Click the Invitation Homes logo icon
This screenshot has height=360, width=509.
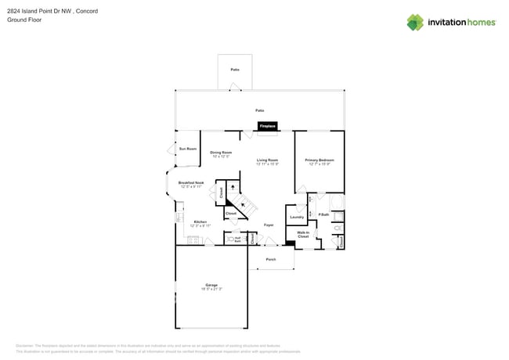click(x=415, y=22)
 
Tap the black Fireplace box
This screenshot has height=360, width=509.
click(x=268, y=126)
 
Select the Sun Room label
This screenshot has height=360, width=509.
click(x=188, y=149)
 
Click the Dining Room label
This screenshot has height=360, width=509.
click(x=221, y=153)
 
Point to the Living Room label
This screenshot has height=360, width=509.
click(x=268, y=160)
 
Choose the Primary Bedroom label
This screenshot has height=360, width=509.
click(x=319, y=160)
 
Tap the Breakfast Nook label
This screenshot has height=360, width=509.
click(x=191, y=183)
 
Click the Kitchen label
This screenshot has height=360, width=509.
click(x=200, y=222)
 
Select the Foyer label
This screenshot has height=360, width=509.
click(x=268, y=225)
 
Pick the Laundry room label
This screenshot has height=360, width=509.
click(x=297, y=217)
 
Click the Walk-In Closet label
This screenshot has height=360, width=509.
click(x=303, y=234)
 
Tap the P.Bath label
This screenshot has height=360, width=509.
click(x=323, y=214)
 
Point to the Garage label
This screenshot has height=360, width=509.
click(x=211, y=285)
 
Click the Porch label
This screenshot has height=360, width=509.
click(x=271, y=259)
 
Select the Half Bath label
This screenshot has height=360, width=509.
click(x=237, y=239)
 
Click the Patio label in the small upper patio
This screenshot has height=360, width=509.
click(x=235, y=70)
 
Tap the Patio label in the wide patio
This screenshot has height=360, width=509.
click(x=259, y=110)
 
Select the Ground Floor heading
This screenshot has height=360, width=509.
click(x=24, y=20)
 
